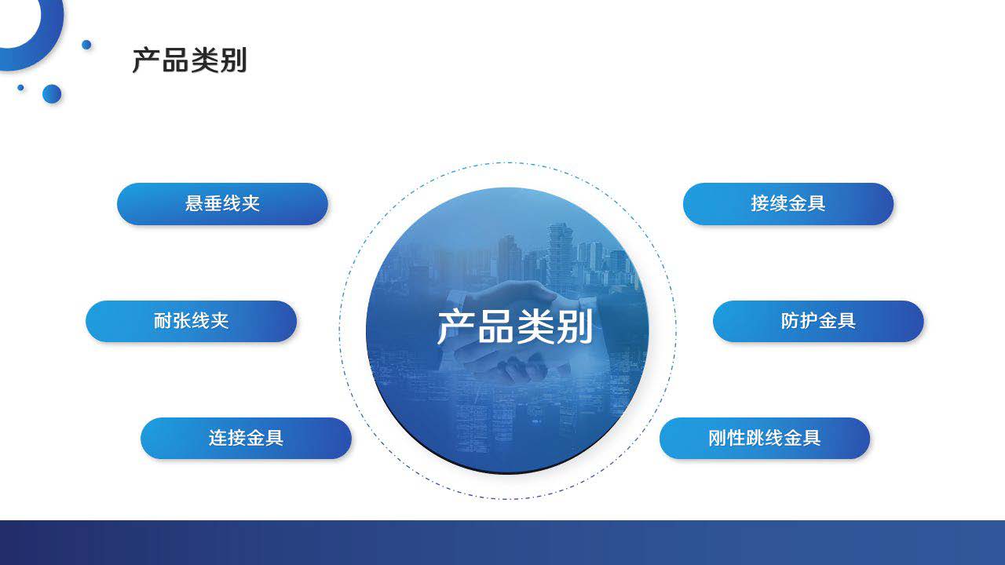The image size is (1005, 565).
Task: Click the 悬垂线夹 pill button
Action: click(x=222, y=204)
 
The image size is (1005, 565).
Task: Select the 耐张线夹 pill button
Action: click(x=191, y=321)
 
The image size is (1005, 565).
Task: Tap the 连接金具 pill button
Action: click(x=246, y=438)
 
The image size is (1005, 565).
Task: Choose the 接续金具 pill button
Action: click(x=788, y=204)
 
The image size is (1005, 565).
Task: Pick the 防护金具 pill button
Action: click(x=818, y=321)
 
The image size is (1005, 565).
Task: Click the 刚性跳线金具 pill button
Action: click(x=765, y=438)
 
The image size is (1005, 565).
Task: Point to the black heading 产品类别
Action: click(x=189, y=60)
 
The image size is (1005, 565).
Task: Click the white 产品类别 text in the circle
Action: click(x=515, y=327)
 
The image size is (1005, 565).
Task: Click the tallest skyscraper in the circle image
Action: click(x=560, y=256)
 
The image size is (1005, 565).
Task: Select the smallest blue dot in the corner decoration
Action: click(x=20, y=87)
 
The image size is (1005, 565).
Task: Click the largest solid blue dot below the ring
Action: click(x=52, y=94)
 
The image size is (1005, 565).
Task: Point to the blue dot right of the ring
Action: click(x=86, y=45)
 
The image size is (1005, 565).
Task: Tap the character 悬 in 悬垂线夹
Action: click(x=194, y=203)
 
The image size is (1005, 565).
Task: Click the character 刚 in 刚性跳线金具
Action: click(x=718, y=438)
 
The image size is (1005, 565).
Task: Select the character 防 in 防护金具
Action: click(x=790, y=321)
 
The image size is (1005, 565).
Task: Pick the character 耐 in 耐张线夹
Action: click(x=163, y=321)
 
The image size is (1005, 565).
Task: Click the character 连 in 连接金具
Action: click(x=217, y=438)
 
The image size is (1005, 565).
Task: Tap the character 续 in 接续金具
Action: click(x=779, y=203)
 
